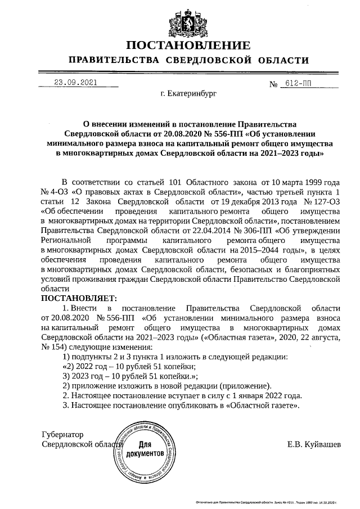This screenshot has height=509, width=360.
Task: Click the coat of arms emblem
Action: (x=188, y=21)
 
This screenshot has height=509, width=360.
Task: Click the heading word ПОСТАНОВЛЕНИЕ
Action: (x=188, y=46)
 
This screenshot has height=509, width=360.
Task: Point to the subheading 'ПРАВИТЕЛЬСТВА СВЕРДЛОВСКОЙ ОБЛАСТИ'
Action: (x=188, y=61)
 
